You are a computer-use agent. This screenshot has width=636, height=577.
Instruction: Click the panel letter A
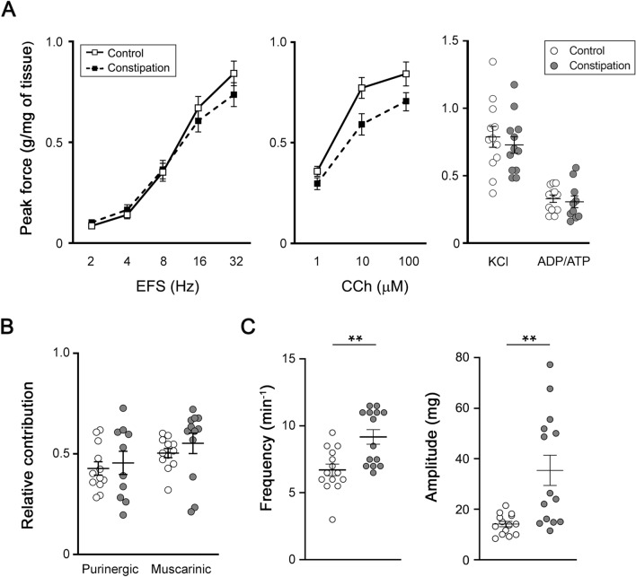point(13,12)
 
